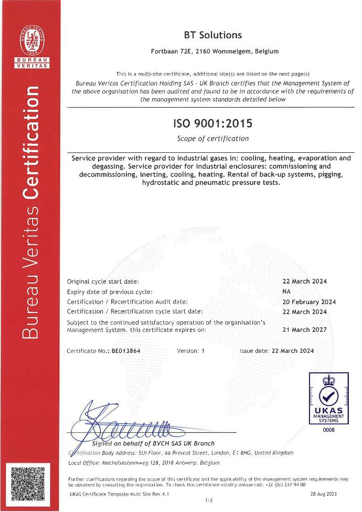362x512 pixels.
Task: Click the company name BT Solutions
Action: pos(212,35)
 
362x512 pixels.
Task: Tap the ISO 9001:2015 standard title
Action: pos(212,124)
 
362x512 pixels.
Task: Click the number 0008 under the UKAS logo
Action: pos(329,430)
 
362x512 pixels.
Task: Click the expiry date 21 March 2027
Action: pos(304,330)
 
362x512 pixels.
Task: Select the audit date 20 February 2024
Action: pos(309,302)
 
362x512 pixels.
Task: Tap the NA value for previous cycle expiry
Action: pos(286,291)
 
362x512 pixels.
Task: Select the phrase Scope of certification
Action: pos(212,139)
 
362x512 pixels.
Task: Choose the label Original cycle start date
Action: pos(103,281)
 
